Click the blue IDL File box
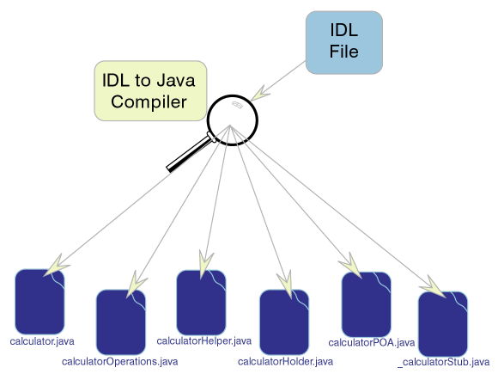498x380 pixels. pos(344,43)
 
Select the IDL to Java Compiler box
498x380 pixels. pos(150,90)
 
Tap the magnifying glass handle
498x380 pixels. pos(190,153)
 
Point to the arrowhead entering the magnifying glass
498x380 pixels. pos(260,93)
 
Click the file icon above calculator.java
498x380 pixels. pos(39,302)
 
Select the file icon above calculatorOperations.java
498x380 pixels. pos(121,322)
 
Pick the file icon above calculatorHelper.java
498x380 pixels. pos(201,302)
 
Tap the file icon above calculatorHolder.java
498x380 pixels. pos(284,322)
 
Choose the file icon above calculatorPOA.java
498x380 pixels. pos(366,304)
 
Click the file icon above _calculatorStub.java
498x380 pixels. pos(443,324)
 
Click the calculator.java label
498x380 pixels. pos(42,341)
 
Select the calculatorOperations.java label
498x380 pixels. pos(119,362)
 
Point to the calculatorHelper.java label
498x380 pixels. pos(203,341)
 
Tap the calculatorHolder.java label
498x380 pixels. pos(285,362)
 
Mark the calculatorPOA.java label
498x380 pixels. pos(371,343)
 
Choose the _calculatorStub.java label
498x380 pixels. pos(443,362)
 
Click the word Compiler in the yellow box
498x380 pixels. pos(149,102)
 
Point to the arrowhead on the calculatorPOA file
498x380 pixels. pos(351,266)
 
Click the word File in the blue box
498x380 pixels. pos(344,52)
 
